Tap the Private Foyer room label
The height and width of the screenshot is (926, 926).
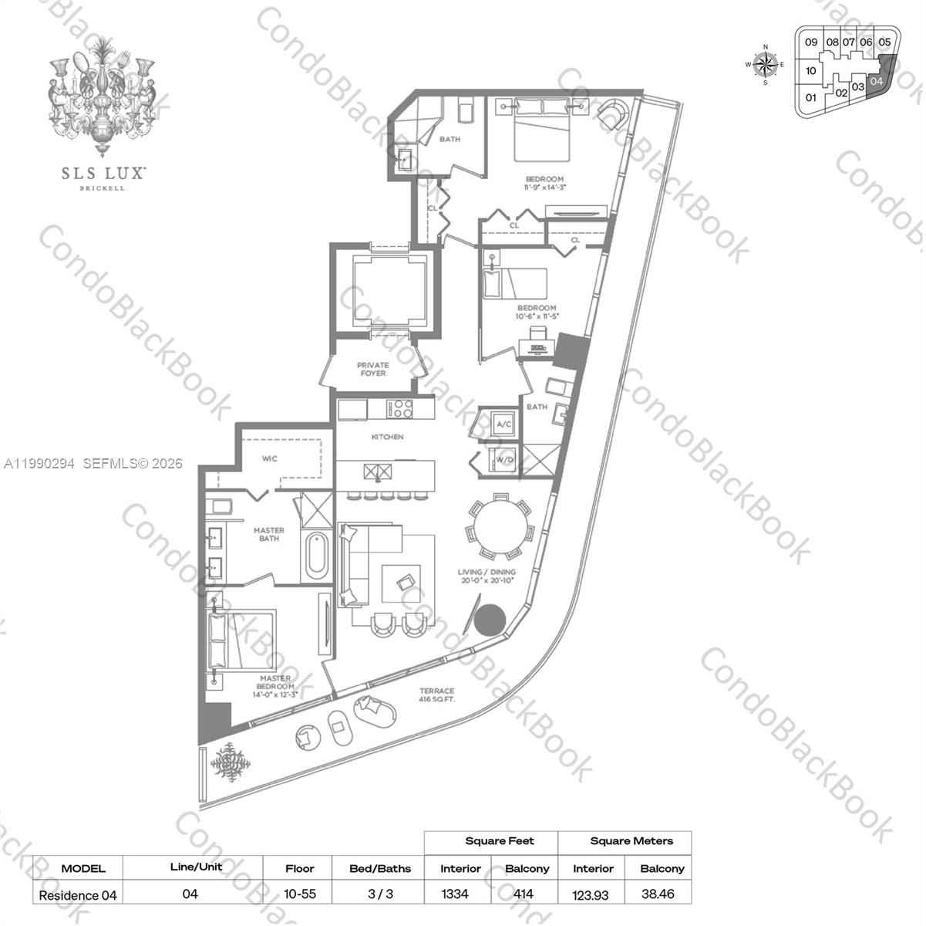pos(372,369)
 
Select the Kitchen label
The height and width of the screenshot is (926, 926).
pos(387,437)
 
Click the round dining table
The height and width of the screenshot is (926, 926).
pos(499,530)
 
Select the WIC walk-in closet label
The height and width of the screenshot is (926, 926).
pos(269,458)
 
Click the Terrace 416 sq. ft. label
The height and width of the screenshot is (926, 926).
pos(436,695)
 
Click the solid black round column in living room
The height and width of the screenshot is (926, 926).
pos(489,620)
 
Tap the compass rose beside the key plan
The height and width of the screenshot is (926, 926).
pos(766,65)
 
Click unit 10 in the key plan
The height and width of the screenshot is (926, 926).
pos(810,71)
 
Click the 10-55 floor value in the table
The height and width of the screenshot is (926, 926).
pos(299,894)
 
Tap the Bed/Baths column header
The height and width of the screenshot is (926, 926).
pos(379,868)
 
